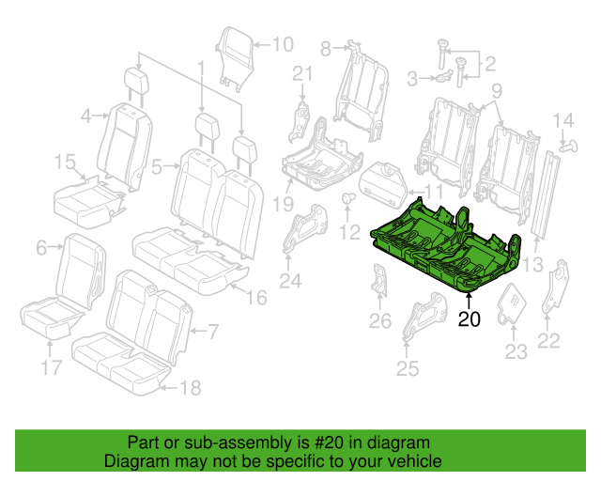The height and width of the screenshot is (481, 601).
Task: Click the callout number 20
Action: click(x=469, y=319)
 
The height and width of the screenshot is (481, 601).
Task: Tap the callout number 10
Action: click(x=282, y=43)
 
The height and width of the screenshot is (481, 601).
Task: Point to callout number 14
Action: click(x=562, y=120)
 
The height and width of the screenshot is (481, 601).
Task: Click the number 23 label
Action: click(x=516, y=352)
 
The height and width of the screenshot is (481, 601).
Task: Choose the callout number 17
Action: click(x=53, y=365)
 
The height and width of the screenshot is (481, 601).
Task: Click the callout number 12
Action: click(x=349, y=231)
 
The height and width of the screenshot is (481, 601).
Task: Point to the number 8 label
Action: click(x=327, y=47)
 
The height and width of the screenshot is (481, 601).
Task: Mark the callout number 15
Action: click(x=64, y=163)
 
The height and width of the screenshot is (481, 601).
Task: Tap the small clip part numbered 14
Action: click(x=566, y=144)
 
